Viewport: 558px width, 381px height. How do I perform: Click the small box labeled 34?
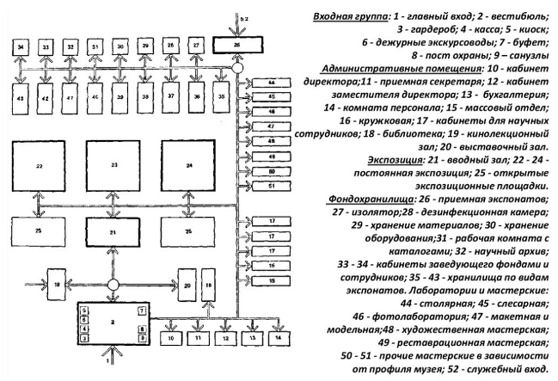(21, 44)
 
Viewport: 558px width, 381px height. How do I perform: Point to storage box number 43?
(21, 99)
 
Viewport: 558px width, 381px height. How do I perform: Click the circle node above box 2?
(113, 283)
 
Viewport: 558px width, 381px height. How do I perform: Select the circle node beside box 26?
(236, 67)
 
